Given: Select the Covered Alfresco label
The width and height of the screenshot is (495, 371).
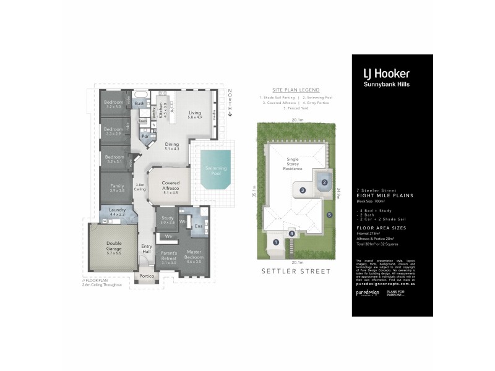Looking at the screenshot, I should pos(170,187).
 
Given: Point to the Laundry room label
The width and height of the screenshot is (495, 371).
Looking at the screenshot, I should pos(117,211).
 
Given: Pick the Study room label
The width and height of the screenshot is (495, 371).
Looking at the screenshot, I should pos(168,220).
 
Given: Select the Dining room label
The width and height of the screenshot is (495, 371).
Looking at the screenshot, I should pos(171,147).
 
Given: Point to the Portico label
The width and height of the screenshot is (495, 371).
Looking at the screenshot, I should pos(147,276).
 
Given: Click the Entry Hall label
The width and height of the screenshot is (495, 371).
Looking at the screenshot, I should pos(146,249).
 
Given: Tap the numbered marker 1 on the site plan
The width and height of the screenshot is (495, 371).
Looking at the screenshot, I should pos(275,242).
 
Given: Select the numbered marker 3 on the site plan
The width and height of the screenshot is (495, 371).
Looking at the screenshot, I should pos(303,190).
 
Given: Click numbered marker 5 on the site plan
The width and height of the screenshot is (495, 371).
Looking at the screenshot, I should pos(330,215).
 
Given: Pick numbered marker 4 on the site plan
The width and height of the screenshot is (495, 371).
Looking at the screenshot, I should pos(291,233).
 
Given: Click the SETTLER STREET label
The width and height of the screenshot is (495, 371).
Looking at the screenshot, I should pos(296,271).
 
